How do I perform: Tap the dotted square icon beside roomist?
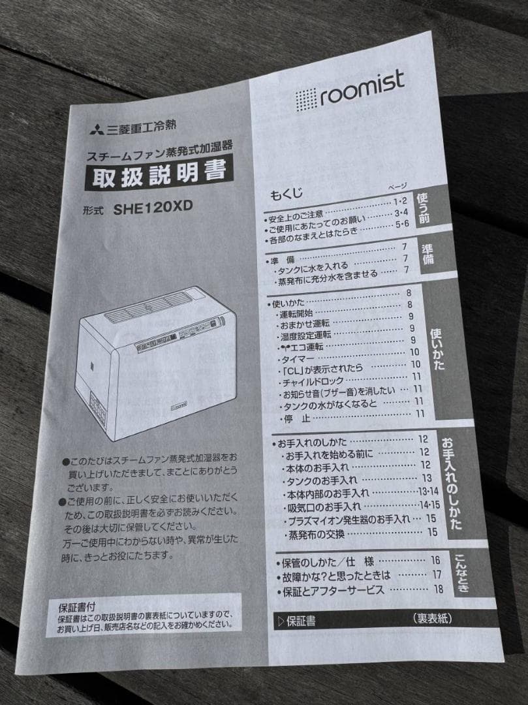305,100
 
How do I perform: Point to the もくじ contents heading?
287,194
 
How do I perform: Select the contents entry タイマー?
298,359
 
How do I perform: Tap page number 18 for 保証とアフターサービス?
438,589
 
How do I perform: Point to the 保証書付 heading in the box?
76,606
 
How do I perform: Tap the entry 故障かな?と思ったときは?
334,576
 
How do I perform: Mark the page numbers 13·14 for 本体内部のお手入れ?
428,492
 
